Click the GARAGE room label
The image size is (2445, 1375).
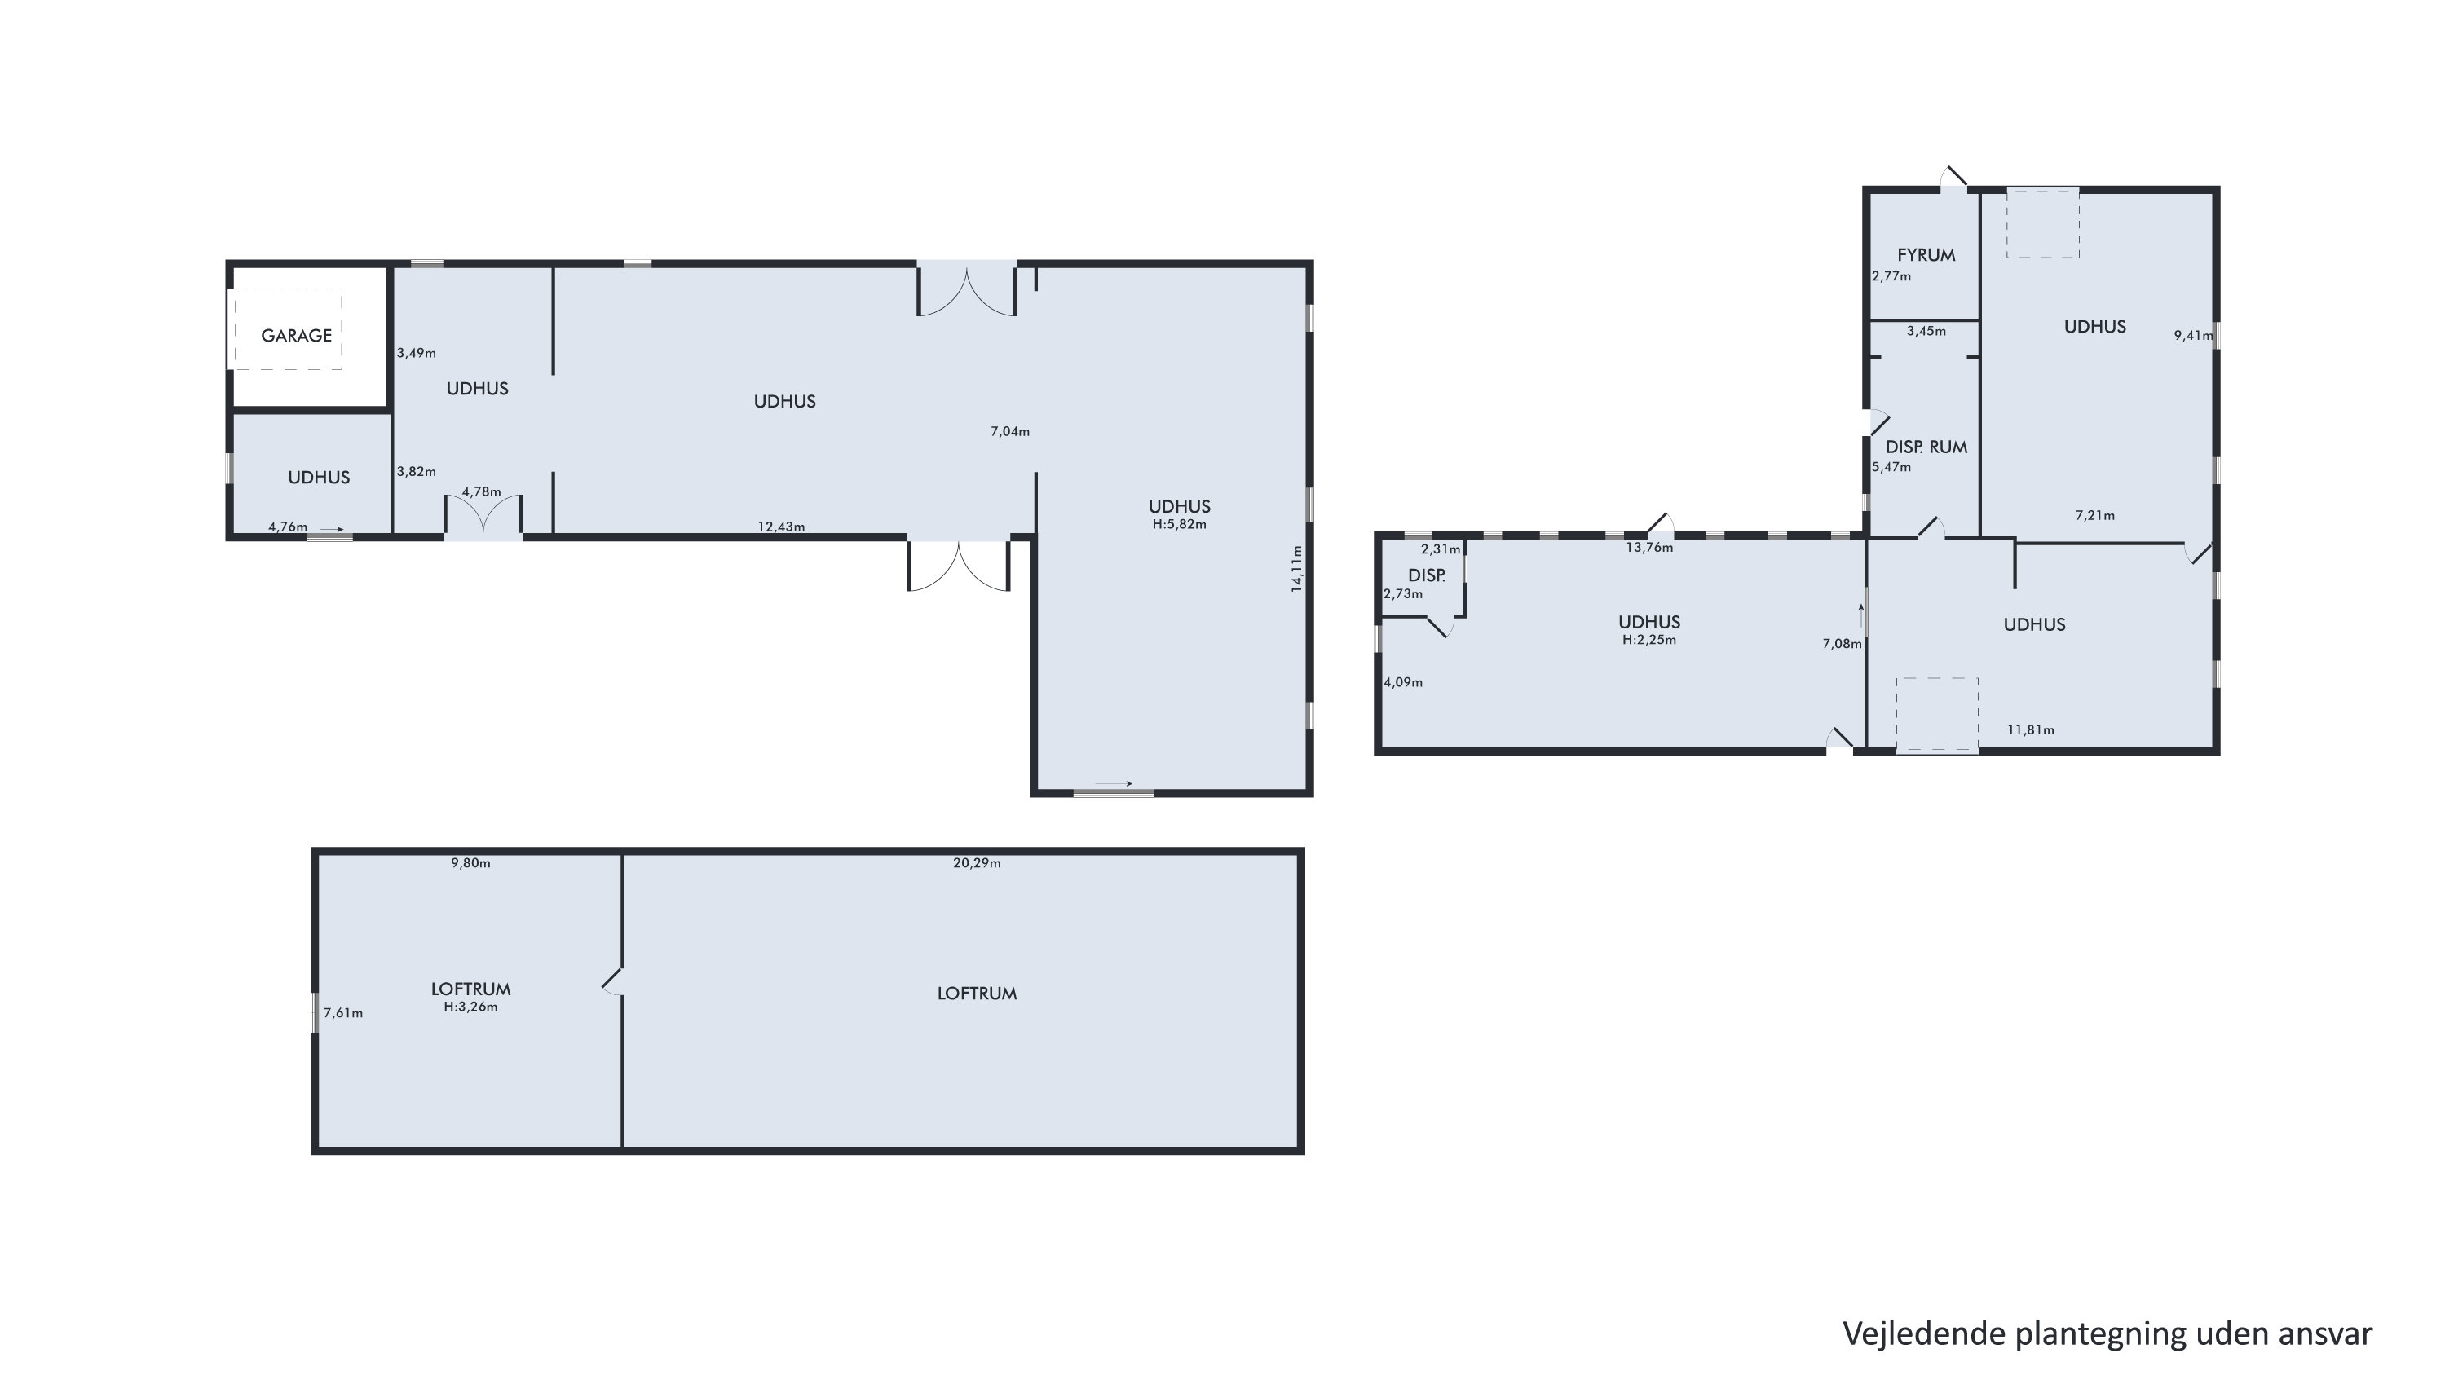coord(296,336)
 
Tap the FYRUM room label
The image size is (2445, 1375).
coord(1926,255)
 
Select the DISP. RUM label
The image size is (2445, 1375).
coord(1926,447)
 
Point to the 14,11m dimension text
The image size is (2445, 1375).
coord(1296,568)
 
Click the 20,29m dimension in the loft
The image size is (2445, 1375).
coord(977,863)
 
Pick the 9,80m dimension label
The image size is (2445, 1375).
coord(470,863)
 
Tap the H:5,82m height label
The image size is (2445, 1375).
coord(1180,525)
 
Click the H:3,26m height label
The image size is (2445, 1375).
coord(470,1007)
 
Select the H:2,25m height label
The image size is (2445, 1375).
coord(1649,641)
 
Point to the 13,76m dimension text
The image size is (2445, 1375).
coord(1649,548)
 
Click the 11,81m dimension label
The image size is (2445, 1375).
coord(2031,729)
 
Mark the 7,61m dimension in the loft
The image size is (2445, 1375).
coord(343,1013)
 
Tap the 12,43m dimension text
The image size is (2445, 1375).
coord(781,527)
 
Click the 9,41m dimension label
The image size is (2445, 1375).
coord(2193,335)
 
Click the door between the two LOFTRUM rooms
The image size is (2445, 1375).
coord(613,981)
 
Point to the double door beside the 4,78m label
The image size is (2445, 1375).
coord(483,515)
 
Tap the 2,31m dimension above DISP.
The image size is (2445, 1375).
coord(1441,549)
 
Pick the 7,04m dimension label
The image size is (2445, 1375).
coord(1010,432)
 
